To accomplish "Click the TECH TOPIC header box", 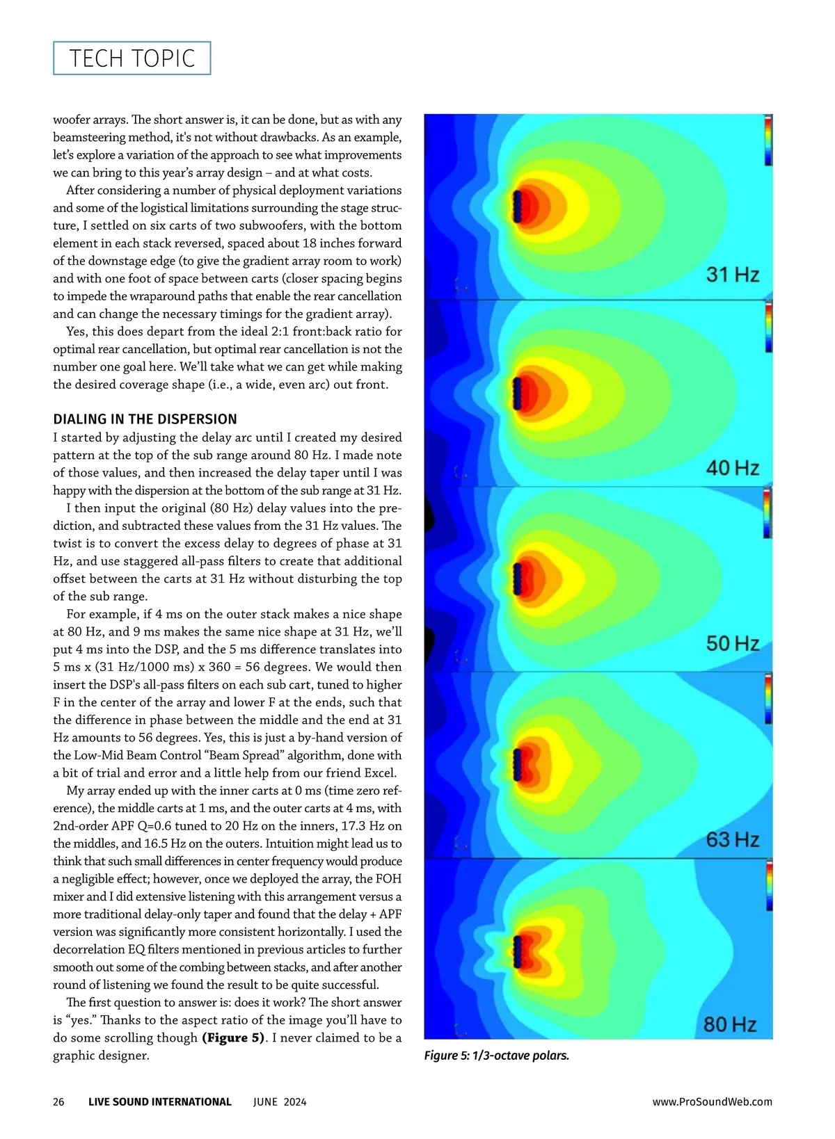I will [132, 58].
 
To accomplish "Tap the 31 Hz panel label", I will [732, 275].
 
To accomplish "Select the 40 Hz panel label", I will [732, 467].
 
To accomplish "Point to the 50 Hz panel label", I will [732, 643].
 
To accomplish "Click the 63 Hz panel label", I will [732, 839].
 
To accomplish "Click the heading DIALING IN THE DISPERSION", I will [145, 419].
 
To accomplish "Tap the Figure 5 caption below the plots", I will [496, 1056].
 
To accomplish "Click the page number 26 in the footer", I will [58, 1101].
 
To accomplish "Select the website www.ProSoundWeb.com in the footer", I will [712, 1101].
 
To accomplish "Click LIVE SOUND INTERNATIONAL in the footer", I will [159, 1101].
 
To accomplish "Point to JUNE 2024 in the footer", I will [280, 1101].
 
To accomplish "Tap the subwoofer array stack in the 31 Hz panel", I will [517, 207].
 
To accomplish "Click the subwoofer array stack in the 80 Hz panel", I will [517, 951].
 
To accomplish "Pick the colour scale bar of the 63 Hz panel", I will [768, 699].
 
